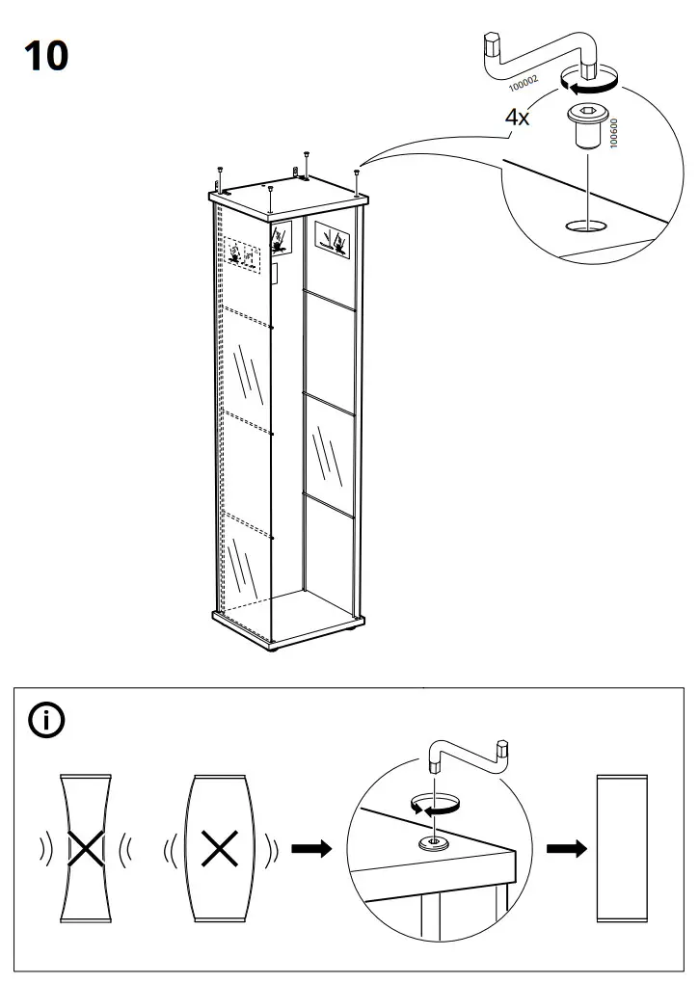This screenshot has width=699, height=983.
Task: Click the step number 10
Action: click(x=46, y=56)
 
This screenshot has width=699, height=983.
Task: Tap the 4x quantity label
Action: click(x=518, y=118)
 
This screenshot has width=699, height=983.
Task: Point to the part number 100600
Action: click(x=614, y=135)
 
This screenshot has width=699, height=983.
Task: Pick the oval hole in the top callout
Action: click(x=586, y=226)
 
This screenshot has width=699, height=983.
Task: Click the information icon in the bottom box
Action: click(x=48, y=720)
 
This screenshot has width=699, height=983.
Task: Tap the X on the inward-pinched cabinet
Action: click(x=86, y=848)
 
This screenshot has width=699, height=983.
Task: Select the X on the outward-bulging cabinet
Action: click(x=220, y=849)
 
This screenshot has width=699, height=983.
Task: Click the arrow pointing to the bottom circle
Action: click(x=310, y=849)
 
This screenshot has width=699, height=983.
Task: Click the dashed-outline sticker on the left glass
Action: click(x=244, y=258)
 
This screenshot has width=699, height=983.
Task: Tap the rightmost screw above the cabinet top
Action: click(x=357, y=177)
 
